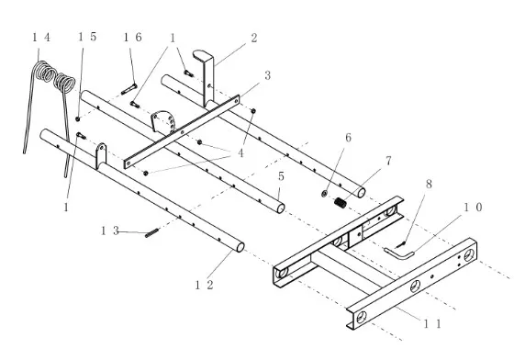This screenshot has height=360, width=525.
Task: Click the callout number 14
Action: pyautogui.click(x=41, y=37)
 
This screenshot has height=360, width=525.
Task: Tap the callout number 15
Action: pyautogui.click(x=87, y=37)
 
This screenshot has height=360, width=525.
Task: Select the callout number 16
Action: pyautogui.click(x=133, y=37)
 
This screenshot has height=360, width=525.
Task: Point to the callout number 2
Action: pyautogui.click(x=254, y=38)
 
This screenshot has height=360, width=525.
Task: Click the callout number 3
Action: pyautogui.click(x=267, y=75)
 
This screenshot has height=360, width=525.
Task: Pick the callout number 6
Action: pyautogui.click(x=348, y=138)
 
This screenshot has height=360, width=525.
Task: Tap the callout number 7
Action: pyautogui.click(x=388, y=161)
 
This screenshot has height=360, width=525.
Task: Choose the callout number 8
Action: pyautogui.click(x=429, y=184)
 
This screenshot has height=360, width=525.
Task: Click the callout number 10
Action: pyautogui.click(x=473, y=208)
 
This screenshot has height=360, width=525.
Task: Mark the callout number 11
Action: pyautogui.click(x=433, y=324)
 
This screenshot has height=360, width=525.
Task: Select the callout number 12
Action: pyautogui.click(x=204, y=285)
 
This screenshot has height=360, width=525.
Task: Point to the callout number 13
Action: pyautogui.click(x=110, y=231)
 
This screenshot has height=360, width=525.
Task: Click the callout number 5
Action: pyautogui.click(x=281, y=176)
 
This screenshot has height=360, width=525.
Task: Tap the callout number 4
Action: pyautogui.click(x=240, y=153)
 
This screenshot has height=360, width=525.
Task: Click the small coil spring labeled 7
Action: pyautogui.click(x=341, y=203)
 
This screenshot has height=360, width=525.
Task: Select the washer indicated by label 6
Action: pyautogui.click(x=324, y=194)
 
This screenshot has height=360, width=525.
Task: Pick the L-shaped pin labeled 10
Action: pyautogui.click(x=398, y=253)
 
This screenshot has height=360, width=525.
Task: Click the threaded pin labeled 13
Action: pyautogui.click(x=152, y=232)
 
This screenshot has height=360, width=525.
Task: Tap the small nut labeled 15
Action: pyautogui.click(x=78, y=118)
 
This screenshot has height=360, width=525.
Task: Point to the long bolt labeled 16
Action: pyautogui.click(x=128, y=89)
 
